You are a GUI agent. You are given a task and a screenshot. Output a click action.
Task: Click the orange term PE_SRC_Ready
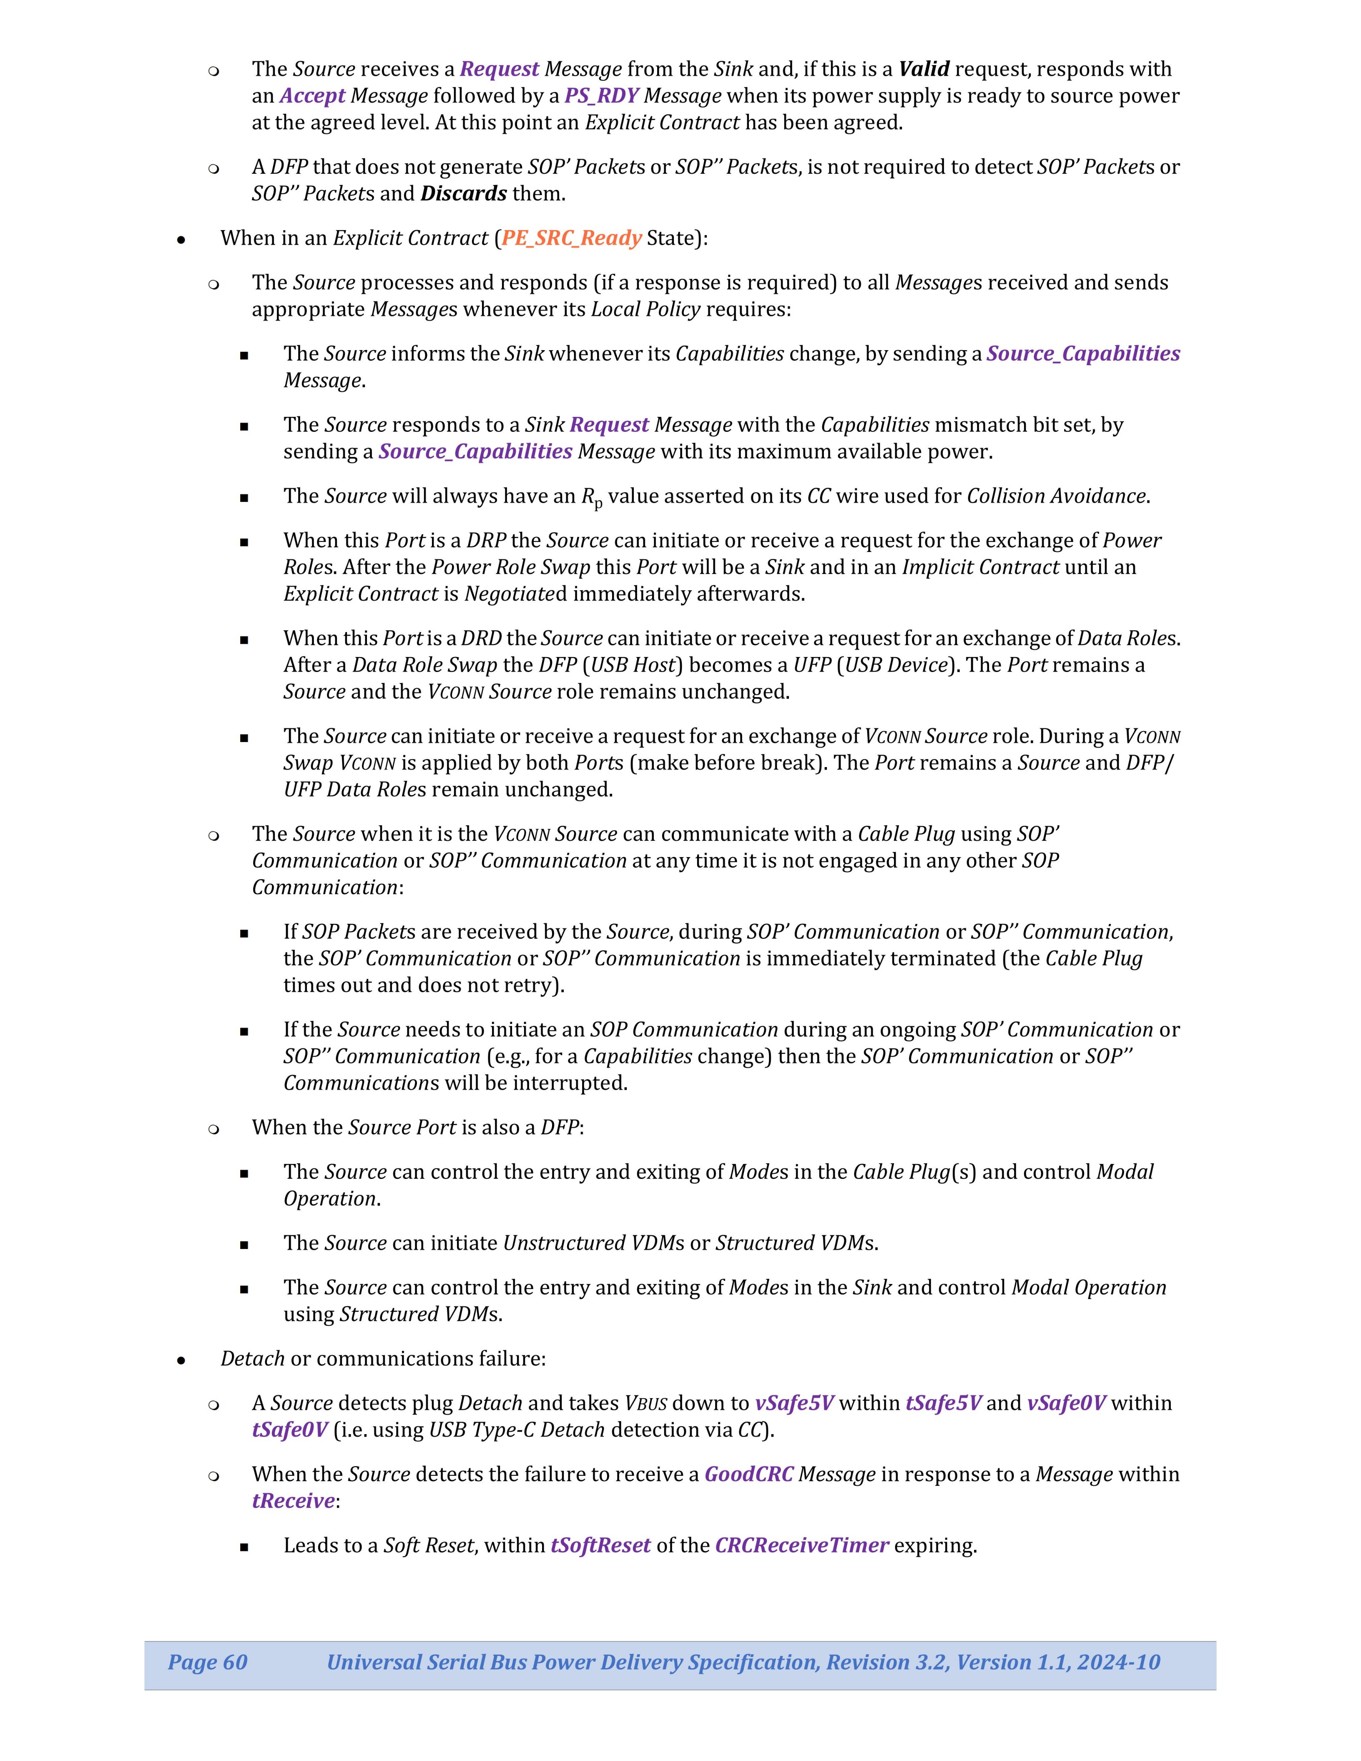572,238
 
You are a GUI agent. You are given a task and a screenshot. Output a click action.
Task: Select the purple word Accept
312,96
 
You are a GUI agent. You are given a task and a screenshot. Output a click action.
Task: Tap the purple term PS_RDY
601,96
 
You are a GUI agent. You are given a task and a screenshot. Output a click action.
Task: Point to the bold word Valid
924,69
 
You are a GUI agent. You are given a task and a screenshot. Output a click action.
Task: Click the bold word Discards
464,193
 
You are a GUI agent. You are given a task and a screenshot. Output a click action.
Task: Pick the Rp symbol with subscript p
592,497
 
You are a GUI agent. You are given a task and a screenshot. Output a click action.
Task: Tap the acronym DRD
481,639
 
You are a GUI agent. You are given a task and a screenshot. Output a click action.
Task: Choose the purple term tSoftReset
601,1546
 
